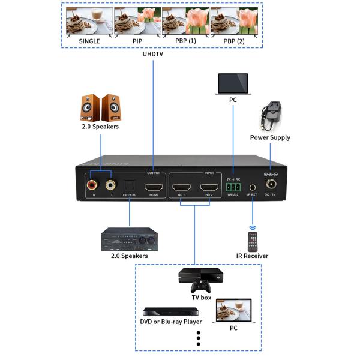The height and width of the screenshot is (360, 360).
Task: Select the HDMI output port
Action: coord(154,186)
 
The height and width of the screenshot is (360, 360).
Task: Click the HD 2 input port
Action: coord(208,186)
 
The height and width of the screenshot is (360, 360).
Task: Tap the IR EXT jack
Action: coord(253,187)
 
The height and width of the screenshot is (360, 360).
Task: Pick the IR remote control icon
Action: coord(253,239)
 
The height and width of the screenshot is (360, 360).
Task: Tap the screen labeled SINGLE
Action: coord(89,22)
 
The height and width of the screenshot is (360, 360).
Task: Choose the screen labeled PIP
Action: coord(137,22)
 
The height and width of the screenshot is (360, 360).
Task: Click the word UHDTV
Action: coord(154,54)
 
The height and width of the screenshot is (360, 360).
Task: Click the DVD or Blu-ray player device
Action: coord(170,311)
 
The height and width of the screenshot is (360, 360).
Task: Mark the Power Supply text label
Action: coord(270,137)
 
